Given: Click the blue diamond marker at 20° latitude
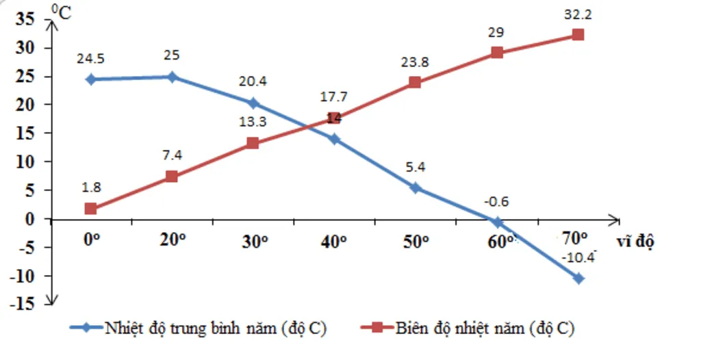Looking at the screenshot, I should tap(172, 77).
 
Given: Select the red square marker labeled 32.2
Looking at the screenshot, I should tap(578, 34).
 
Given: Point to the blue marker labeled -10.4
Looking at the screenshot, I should tap(578, 278).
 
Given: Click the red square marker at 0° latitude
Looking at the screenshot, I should tap(90, 209).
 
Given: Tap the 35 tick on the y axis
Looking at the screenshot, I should tap(25, 19).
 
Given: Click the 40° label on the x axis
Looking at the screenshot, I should tap(334, 241).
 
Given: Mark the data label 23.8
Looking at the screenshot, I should tap(414, 62).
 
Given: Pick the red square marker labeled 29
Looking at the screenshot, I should tap(497, 52).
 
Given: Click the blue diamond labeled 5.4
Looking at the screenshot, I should tap(416, 188).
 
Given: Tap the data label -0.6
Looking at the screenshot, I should tap(496, 202).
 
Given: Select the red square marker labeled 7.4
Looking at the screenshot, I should tap(172, 176).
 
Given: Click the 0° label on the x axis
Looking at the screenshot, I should tap(91, 240).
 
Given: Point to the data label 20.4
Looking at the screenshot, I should tap(253, 81).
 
